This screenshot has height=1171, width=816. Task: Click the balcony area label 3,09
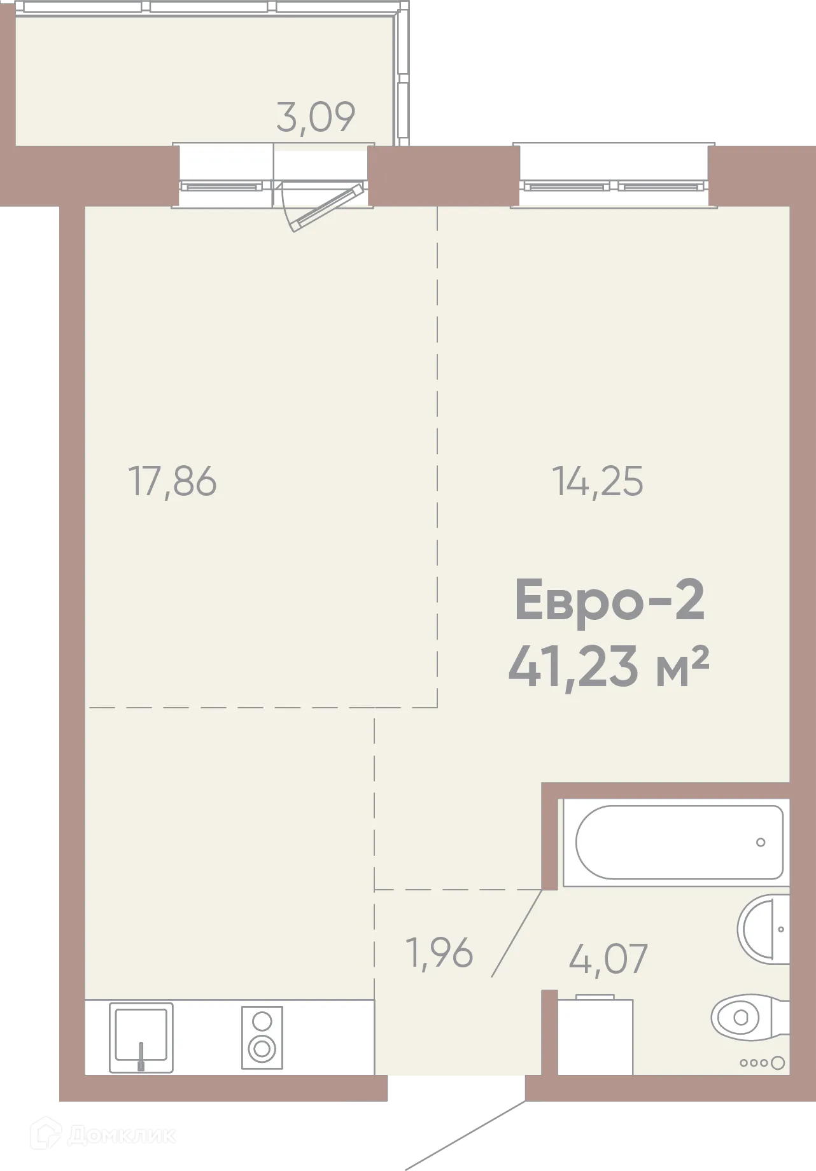coord(316,117)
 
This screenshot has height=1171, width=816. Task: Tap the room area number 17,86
coord(172,481)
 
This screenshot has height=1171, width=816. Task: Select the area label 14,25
coord(597,481)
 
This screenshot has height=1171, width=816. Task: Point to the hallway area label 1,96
coord(440,953)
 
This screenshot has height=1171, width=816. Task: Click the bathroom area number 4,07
coord(608,958)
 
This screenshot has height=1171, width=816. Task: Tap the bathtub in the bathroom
coord(679,843)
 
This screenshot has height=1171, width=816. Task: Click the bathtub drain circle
coord(761,843)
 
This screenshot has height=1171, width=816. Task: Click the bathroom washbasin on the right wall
coord(764,929)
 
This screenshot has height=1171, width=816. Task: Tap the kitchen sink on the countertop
coord(141,1037)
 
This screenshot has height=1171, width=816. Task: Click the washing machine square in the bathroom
coord(595,1037)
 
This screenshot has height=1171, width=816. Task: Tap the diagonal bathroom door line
coord(516,933)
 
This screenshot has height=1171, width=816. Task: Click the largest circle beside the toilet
coord(777,1063)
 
